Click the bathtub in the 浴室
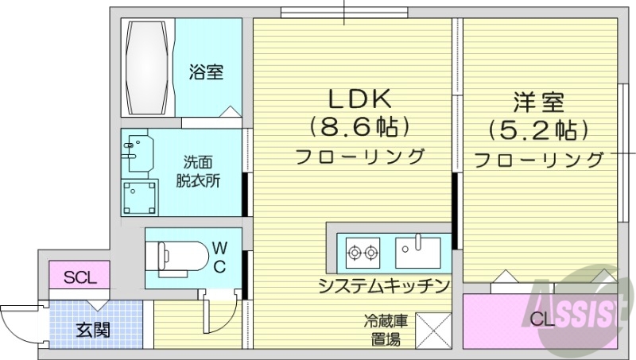147,68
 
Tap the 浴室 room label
205,72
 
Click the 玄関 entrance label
92,329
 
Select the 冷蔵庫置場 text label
386,331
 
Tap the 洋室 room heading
538,102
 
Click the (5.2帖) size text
538,129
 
